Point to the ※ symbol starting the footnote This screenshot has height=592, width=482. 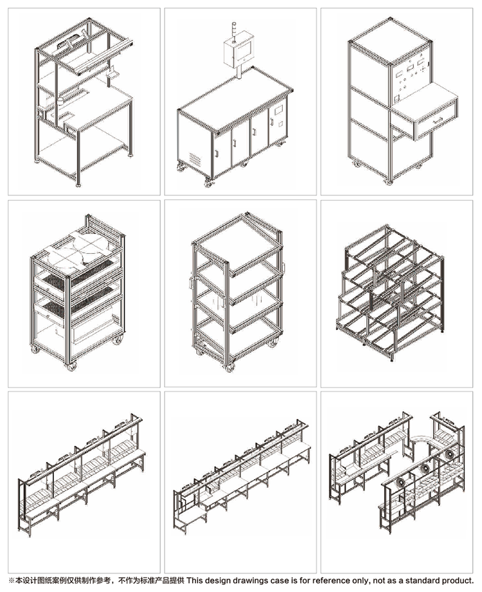[12, 580]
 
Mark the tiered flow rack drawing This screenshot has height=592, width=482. [389, 293]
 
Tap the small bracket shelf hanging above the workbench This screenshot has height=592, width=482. [112, 73]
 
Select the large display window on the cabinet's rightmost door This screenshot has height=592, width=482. [278, 111]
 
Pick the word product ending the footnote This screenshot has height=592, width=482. [458, 580]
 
